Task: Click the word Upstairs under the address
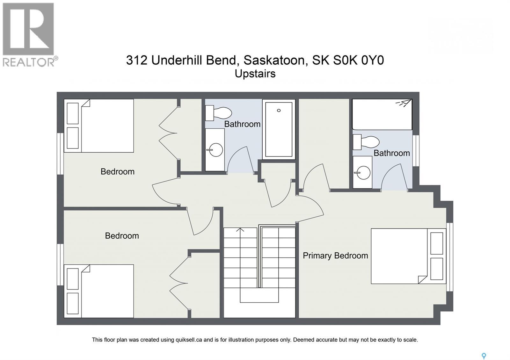(255, 74)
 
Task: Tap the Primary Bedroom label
(335, 256)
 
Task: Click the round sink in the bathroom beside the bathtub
(215, 150)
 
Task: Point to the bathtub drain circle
(279, 110)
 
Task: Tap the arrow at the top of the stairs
(240, 230)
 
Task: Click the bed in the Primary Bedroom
(408, 256)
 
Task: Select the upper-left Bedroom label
(118, 172)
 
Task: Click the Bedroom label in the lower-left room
(122, 236)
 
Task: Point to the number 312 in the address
(136, 60)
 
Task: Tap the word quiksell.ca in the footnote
(189, 340)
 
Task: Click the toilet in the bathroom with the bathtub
(219, 113)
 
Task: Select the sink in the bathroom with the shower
(363, 172)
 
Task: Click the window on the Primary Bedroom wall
(450, 257)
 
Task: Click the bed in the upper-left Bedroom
(99, 126)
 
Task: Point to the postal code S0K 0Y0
(359, 60)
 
